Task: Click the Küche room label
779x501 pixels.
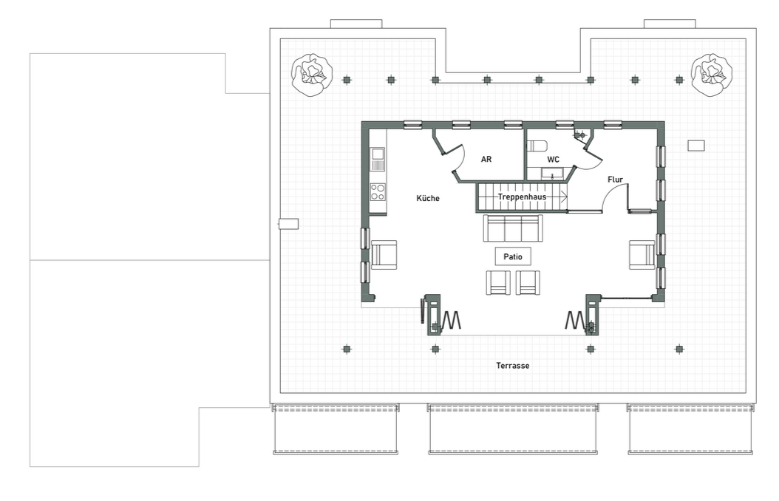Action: click(428, 198)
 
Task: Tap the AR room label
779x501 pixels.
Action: click(486, 160)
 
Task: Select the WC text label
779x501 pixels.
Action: click(553, 160)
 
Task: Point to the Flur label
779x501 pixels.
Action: click(615, 180)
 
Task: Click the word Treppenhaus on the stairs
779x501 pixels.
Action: click(522, 197)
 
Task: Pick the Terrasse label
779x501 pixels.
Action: click(513, 366)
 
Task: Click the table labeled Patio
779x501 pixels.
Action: click(513, 256)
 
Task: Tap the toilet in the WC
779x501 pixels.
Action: click(537, 146)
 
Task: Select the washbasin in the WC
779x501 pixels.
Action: click(552, 174)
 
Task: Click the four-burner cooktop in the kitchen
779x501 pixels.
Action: click(378, 192)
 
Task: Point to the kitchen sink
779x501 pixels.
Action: click(378, 159)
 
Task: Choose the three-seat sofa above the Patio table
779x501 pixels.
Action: click(513, 228)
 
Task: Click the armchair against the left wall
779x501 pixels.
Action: click(384, 255)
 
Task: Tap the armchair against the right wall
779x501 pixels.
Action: click(642, 255)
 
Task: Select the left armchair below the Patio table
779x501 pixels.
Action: click(498, 282)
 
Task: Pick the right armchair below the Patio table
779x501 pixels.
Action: click(528, 282)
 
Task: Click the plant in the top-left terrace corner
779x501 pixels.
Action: click(311, 75)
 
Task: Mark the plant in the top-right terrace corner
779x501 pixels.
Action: click(712, 75)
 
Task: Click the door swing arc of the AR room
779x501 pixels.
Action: click(462, 159)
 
